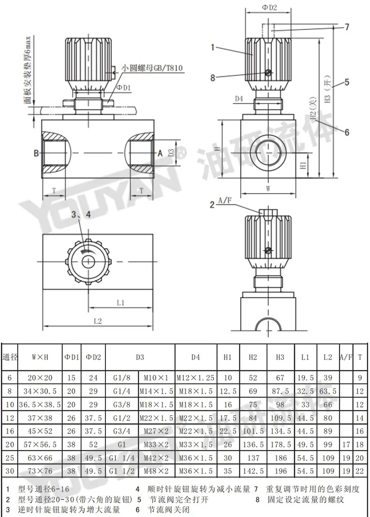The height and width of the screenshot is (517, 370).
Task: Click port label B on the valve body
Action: coord(36,153)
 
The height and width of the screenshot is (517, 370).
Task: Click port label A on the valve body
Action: coord(160,153)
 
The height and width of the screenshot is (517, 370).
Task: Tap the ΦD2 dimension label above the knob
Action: coord(269,7)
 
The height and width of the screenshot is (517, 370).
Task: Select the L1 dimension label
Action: coord(120,302)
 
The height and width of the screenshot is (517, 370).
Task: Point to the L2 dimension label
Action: coord(98,321)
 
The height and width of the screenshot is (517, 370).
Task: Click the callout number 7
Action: coord(347,27)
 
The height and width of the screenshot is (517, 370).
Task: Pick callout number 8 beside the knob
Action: coord(213,77)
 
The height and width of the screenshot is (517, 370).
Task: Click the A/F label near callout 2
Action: coord(225,201)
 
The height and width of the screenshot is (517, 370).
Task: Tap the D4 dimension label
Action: coord(239,98)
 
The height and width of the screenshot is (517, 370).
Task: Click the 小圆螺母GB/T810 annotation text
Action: coord(152,68)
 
